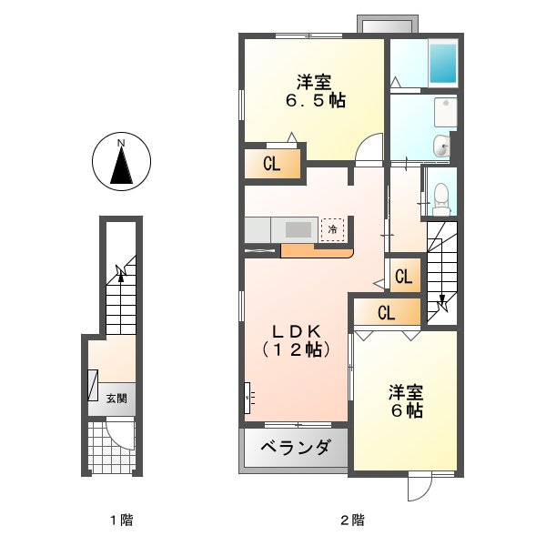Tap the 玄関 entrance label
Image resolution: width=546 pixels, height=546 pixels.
116,398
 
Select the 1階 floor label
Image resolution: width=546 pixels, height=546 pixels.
120,521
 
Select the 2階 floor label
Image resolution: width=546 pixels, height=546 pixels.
352,521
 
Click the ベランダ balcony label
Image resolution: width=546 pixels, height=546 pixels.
294,448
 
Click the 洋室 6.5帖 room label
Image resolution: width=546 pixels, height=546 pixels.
313,91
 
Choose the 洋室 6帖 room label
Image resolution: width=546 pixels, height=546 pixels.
406,401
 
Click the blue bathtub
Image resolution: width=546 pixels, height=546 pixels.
443,63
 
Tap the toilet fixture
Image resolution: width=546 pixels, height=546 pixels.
441,196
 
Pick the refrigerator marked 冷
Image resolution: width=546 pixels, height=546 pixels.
333,229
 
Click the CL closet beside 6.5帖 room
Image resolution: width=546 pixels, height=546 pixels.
270,165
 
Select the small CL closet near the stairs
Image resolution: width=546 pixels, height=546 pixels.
404,276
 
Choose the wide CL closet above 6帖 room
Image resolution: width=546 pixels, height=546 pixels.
387,314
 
